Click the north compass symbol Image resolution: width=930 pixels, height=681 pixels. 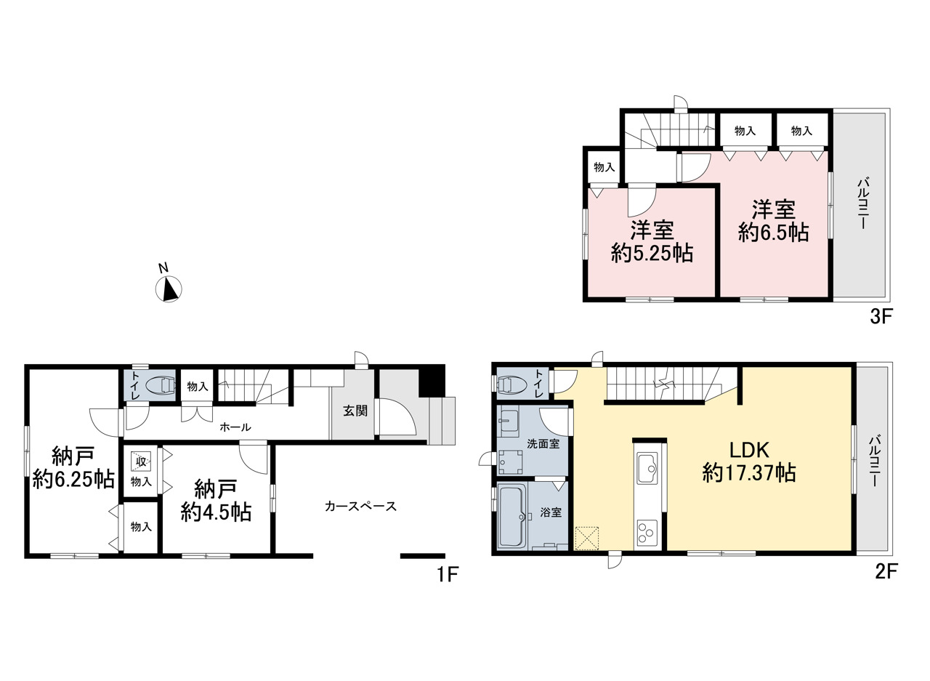(168, 287)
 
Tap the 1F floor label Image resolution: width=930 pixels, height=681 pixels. (447, 574)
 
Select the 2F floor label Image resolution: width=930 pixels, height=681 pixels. (886, 572)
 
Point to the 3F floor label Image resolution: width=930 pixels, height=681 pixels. (880, 318)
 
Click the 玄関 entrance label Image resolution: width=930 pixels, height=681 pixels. (355, 411)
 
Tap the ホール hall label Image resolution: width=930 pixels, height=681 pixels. (235, 427)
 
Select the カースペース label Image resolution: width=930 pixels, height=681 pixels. (361, 506)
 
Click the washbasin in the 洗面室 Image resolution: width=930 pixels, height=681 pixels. (508, 424)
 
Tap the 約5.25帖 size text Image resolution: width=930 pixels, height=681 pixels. (652, 253)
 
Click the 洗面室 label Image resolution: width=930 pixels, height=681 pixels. (543, 444)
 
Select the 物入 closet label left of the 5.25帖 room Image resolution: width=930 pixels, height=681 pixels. (604, 167)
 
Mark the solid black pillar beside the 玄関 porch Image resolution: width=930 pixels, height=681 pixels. (432, 381)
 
